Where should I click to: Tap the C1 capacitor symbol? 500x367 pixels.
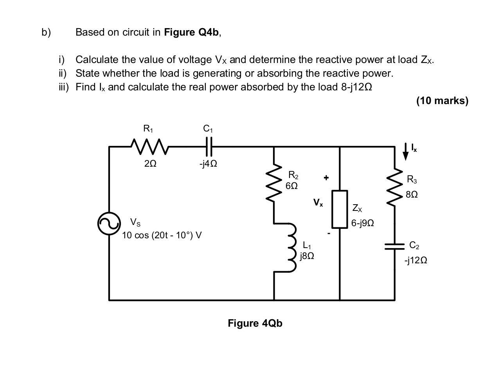pyautogui.click(x=209, y=147)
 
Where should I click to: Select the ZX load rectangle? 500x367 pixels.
pyautogui.click(x=339, y=209)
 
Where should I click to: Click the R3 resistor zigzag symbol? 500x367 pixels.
pyautogui.click(x=394, y=187)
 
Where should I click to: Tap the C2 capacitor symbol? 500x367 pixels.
pyautogui.click(x=394, y=246)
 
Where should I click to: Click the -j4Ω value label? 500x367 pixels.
pyautogui.click(x=208, y=164)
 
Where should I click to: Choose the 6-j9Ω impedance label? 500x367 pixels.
pyautogui.click(x=363, y=223)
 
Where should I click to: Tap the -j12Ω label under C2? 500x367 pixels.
pyautogui.click(x=415, y=260)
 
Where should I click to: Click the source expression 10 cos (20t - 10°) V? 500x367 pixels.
pyautogui.click(x=162, y=236)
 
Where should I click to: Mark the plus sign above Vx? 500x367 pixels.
pyautogui.click(x=326, y=178)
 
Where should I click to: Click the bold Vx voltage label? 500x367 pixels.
pyautogui.click(x=318, y=203)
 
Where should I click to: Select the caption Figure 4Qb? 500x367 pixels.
pyautogui.click(x=255, y=324)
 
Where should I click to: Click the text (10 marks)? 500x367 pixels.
pyautogui.click(x=442, y=101)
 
